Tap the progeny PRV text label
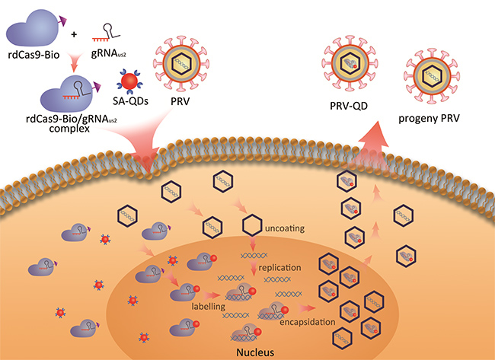point(431,119)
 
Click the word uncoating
point(283,227)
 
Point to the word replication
point(282,269)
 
